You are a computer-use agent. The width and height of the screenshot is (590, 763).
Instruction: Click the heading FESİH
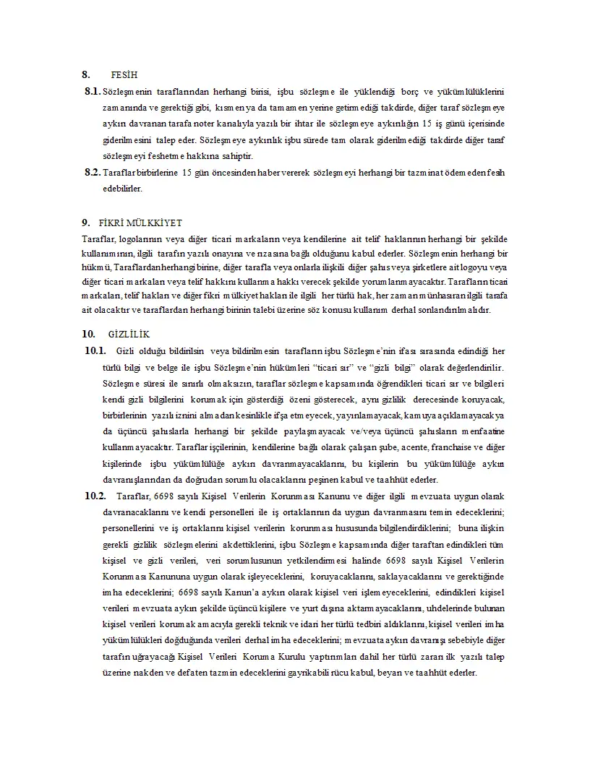[124, 74]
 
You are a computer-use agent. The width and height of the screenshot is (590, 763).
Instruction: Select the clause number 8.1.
[92, 92]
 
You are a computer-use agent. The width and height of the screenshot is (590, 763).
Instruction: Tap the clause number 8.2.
[92, 173]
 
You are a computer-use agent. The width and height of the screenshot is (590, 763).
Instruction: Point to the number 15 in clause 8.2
[187, 173]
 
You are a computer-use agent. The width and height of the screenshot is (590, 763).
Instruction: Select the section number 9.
[85, 223]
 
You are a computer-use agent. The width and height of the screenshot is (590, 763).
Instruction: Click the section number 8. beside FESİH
[85, 74]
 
